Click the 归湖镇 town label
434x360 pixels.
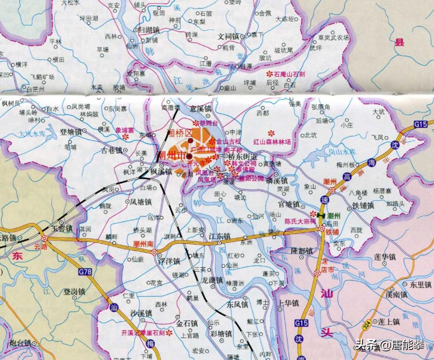point(148,30)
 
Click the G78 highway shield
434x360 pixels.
point(85,272)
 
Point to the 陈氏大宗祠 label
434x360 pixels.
point(300,221)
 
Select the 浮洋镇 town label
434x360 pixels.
point(169,262)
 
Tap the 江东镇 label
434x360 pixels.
point(220,236)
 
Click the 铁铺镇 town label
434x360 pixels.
point(363,205)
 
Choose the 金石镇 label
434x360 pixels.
point(187,323)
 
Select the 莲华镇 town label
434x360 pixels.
point(384,256)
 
